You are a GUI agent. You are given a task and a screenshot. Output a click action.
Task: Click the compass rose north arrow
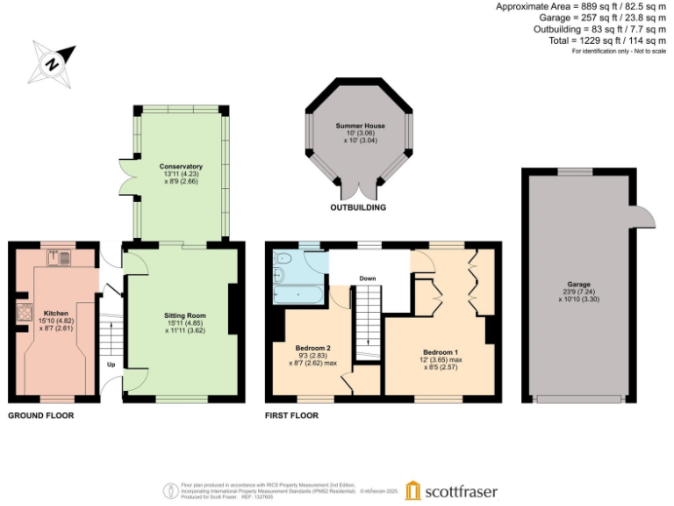52,62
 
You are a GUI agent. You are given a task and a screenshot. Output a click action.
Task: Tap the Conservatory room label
181,166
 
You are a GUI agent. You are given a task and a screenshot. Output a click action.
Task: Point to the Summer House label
360,126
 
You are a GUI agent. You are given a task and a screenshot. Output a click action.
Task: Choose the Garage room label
577,286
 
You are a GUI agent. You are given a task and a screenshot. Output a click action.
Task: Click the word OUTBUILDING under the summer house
359,208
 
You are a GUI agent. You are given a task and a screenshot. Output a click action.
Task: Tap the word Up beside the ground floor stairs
111,364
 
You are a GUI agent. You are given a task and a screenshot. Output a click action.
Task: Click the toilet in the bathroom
283,259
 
